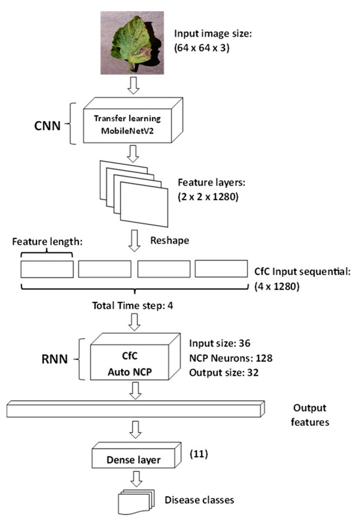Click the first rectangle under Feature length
pos(46,268)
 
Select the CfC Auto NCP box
pos(132,362)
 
